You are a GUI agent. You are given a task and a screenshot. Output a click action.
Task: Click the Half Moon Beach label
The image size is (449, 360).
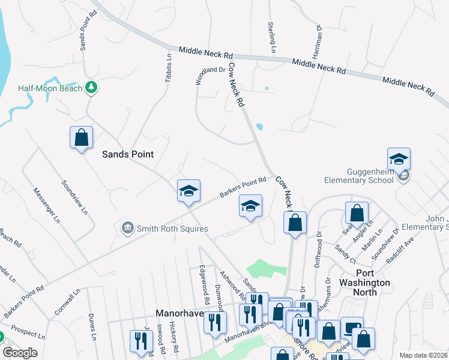(x=50, y=88)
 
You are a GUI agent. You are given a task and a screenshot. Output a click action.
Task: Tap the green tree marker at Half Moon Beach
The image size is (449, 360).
(x=91, y=88)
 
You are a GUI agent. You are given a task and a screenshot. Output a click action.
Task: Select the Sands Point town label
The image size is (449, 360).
(x=127, y=154)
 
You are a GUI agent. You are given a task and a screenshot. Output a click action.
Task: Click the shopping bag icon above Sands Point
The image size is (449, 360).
(x=81, y=137)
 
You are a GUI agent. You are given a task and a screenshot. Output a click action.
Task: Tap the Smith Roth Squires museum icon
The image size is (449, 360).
(x=127, y=228)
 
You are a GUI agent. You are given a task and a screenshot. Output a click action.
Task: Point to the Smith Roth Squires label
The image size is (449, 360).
(x=172, y=229)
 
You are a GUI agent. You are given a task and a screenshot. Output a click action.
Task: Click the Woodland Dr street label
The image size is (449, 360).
(x=209, y=77)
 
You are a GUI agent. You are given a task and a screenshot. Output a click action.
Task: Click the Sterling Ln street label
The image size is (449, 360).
(x=271, y=38)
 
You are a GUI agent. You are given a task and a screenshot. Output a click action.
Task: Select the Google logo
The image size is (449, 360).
(x=20, y=353)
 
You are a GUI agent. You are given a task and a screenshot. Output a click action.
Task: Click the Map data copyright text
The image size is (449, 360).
(x=423, y=355)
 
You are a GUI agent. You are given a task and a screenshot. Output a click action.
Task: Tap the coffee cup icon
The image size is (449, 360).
(x=352, y=328)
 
